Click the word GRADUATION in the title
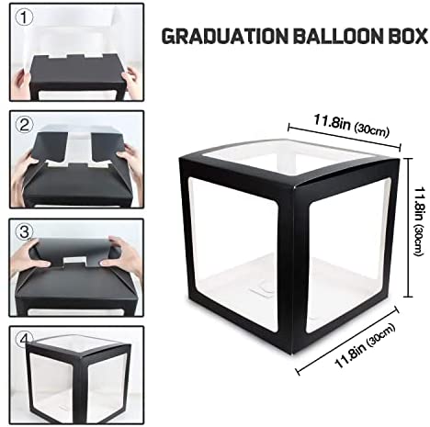224,36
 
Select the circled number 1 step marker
24,18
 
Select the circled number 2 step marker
24,125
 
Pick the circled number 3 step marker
24,231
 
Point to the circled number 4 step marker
26,339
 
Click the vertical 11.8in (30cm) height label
419,221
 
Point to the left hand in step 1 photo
20,83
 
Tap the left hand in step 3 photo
29,254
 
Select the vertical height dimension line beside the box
408,227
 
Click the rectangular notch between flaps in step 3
74,261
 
